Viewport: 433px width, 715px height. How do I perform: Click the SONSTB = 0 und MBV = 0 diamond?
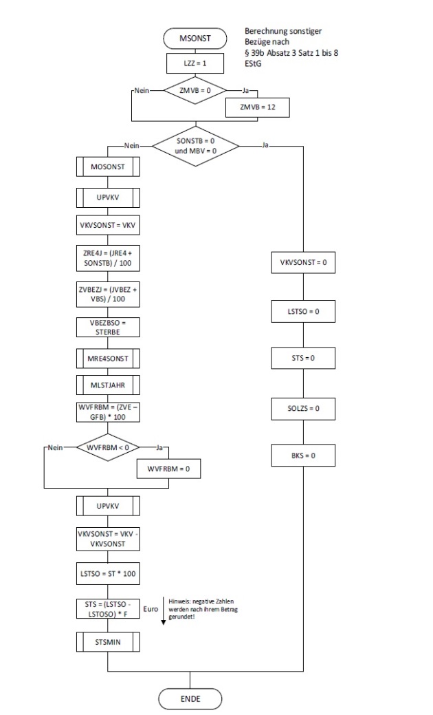pos(195,146)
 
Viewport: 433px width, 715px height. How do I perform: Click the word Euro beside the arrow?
pos(151,609)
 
